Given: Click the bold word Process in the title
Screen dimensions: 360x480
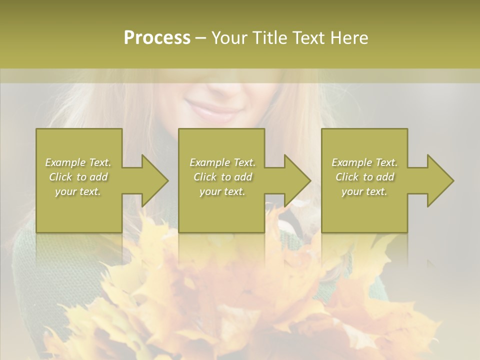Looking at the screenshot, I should pos(157,38).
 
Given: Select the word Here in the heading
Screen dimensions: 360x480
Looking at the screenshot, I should pos(349,38).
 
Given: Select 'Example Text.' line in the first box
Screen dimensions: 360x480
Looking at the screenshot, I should pos(78,162).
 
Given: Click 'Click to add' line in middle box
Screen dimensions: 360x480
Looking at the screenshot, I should pos(222,177).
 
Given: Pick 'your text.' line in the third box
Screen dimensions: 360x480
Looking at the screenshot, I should pos(364,191).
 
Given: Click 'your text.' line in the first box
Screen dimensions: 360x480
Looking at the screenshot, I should pos(78,191).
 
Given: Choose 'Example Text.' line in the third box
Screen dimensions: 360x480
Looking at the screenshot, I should pos(364,162).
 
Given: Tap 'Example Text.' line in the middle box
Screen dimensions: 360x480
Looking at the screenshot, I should pos(222,162).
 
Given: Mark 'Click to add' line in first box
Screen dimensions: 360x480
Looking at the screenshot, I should pos(78,177).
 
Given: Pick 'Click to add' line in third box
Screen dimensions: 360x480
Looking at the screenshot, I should pos(364,177).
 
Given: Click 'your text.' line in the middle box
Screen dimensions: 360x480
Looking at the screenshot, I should pos(222,191).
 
